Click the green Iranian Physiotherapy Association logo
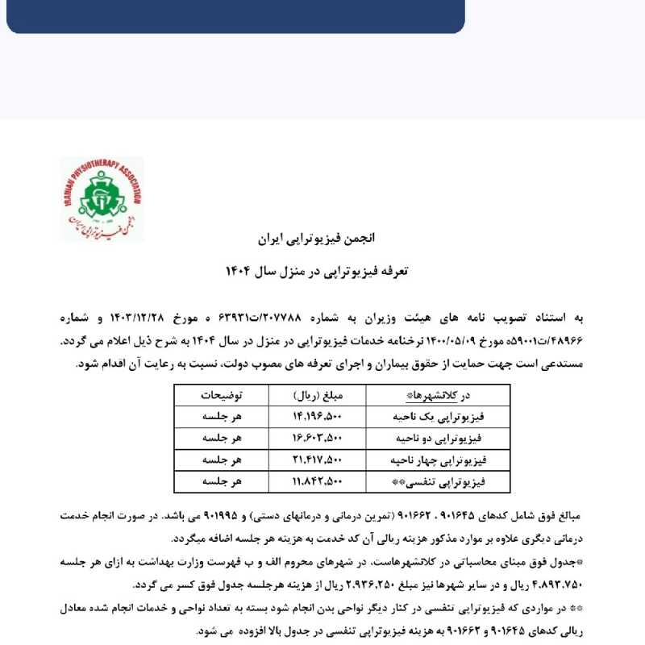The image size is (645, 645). point(102,199)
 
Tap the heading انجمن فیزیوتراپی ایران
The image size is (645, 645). point(322,239)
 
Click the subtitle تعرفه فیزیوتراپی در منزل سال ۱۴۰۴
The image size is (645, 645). point(322,272)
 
